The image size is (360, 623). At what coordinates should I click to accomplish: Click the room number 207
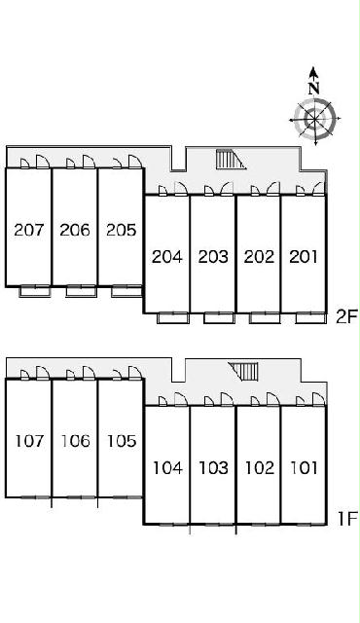(x=29, y=230)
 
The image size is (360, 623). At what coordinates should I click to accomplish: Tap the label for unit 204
(x=167, y=257)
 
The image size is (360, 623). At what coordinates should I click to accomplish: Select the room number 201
(x=304, y=257)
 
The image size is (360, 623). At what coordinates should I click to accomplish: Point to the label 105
(x=122, y=441)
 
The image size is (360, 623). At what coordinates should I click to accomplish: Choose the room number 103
(x=213, y=468)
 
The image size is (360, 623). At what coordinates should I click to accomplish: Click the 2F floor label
(x=346, y=317)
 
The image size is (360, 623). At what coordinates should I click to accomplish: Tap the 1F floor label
(x=347, y=519)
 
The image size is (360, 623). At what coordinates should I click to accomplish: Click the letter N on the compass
(x=314, y=89)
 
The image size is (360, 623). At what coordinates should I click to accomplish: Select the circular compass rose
(x=314, y=119)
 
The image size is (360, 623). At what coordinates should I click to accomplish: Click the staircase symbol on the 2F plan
(x=230, y=160)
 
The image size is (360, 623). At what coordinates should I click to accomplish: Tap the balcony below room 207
(x=35, y=291)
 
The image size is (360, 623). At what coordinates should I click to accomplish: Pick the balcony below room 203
(x=219, y=318)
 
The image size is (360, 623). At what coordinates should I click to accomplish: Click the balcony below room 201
(x=310, y=318)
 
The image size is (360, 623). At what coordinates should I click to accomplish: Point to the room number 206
(x=75, y=230)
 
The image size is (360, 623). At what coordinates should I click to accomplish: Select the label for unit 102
(x=260, y=468)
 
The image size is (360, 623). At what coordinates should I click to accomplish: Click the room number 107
(x=29, y=441)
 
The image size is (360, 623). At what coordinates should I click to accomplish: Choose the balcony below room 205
(x=126, y=291)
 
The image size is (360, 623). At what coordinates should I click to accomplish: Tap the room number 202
(x=259, y=257)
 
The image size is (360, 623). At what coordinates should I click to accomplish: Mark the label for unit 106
(x=76, y=441)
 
